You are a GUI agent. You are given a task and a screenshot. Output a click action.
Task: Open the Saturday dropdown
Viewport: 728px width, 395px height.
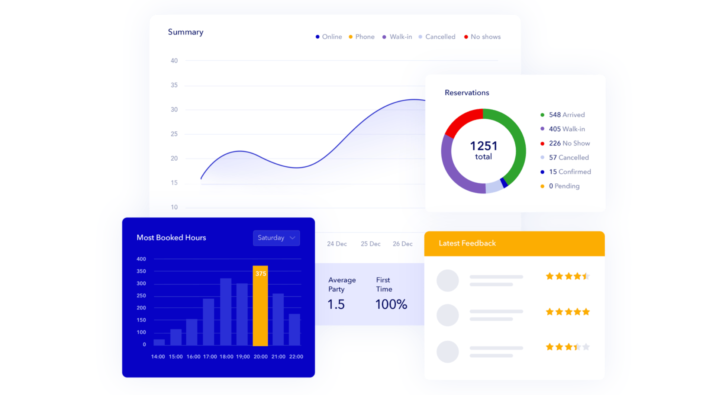(x=276, y=238)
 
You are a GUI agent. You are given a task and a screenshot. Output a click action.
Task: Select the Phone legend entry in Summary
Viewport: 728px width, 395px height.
(x=361, y=37)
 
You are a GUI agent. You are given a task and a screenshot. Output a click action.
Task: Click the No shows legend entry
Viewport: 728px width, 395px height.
(x=482, y=37)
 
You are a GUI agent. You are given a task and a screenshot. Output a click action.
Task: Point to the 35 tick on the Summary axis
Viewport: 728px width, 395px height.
(x=174, y=85)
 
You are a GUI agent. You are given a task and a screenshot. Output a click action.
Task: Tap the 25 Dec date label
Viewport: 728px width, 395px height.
(x=370, y=244)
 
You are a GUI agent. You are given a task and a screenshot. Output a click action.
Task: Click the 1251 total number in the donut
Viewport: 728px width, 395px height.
(x=483, y=146)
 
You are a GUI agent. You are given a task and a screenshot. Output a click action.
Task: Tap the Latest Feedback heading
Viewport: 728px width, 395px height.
(x=467, y=243)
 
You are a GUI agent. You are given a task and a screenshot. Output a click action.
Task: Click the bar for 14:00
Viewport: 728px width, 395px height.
(x=159, y=342)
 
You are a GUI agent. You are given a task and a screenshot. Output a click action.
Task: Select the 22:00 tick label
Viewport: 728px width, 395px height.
(x=296, y=357)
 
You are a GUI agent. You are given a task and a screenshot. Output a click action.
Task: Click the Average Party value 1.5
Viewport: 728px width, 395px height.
(x=336, y=305)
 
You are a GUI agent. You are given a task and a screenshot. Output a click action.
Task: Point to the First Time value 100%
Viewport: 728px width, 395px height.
(x=391, y=305)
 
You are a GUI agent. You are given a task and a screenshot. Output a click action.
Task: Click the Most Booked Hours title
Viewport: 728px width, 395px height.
(x=171, y=238)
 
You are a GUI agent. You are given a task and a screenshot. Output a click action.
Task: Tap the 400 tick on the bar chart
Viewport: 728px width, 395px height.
(x=141, y=259)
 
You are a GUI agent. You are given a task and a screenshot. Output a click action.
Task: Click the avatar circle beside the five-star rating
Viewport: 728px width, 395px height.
(x=447, y=315)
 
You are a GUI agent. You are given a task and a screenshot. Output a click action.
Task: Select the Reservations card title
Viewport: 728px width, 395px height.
(x=467, y=93)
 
